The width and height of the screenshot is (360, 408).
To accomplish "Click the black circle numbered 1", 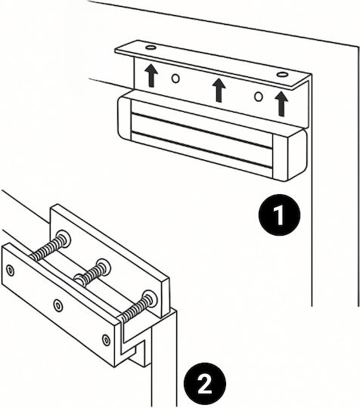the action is [x=279, y=215].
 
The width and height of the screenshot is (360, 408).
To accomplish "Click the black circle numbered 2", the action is [x=205, y=384].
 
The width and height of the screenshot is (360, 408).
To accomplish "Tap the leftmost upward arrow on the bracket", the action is [x=151, y=76].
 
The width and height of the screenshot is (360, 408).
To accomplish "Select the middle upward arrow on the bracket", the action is [x=219, y=90].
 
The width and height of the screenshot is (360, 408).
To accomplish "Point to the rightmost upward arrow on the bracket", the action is [x=281, y=104].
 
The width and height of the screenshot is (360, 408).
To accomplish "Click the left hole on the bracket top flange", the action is [x=151, y=48].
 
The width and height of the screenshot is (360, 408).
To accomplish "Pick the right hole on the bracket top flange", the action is [x=282, y=74].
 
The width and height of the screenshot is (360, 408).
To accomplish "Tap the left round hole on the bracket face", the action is [x=175, y=79].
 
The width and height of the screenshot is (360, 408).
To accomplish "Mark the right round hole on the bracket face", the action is [x=258, y=97].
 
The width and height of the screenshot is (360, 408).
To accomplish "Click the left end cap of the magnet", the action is [x=125, y=119].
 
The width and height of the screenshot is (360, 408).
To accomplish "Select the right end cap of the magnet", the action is [x=290, y=156].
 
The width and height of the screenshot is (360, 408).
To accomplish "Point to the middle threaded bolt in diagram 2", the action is [x=92, y=273].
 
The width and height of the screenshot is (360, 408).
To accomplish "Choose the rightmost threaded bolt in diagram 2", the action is [x=138, y=307].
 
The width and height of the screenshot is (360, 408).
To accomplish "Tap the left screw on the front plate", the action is [x=10, y=270].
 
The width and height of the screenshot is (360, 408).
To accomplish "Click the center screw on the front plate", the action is [x=57, y=305].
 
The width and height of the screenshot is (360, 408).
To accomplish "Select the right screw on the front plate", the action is [x=106, y=340].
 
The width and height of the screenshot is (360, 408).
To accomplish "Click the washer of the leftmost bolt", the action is [x=64, y=238].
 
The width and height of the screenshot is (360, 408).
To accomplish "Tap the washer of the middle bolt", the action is [x=104, y=267].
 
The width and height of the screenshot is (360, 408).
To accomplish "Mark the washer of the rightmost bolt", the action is [x=150, y=298].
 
